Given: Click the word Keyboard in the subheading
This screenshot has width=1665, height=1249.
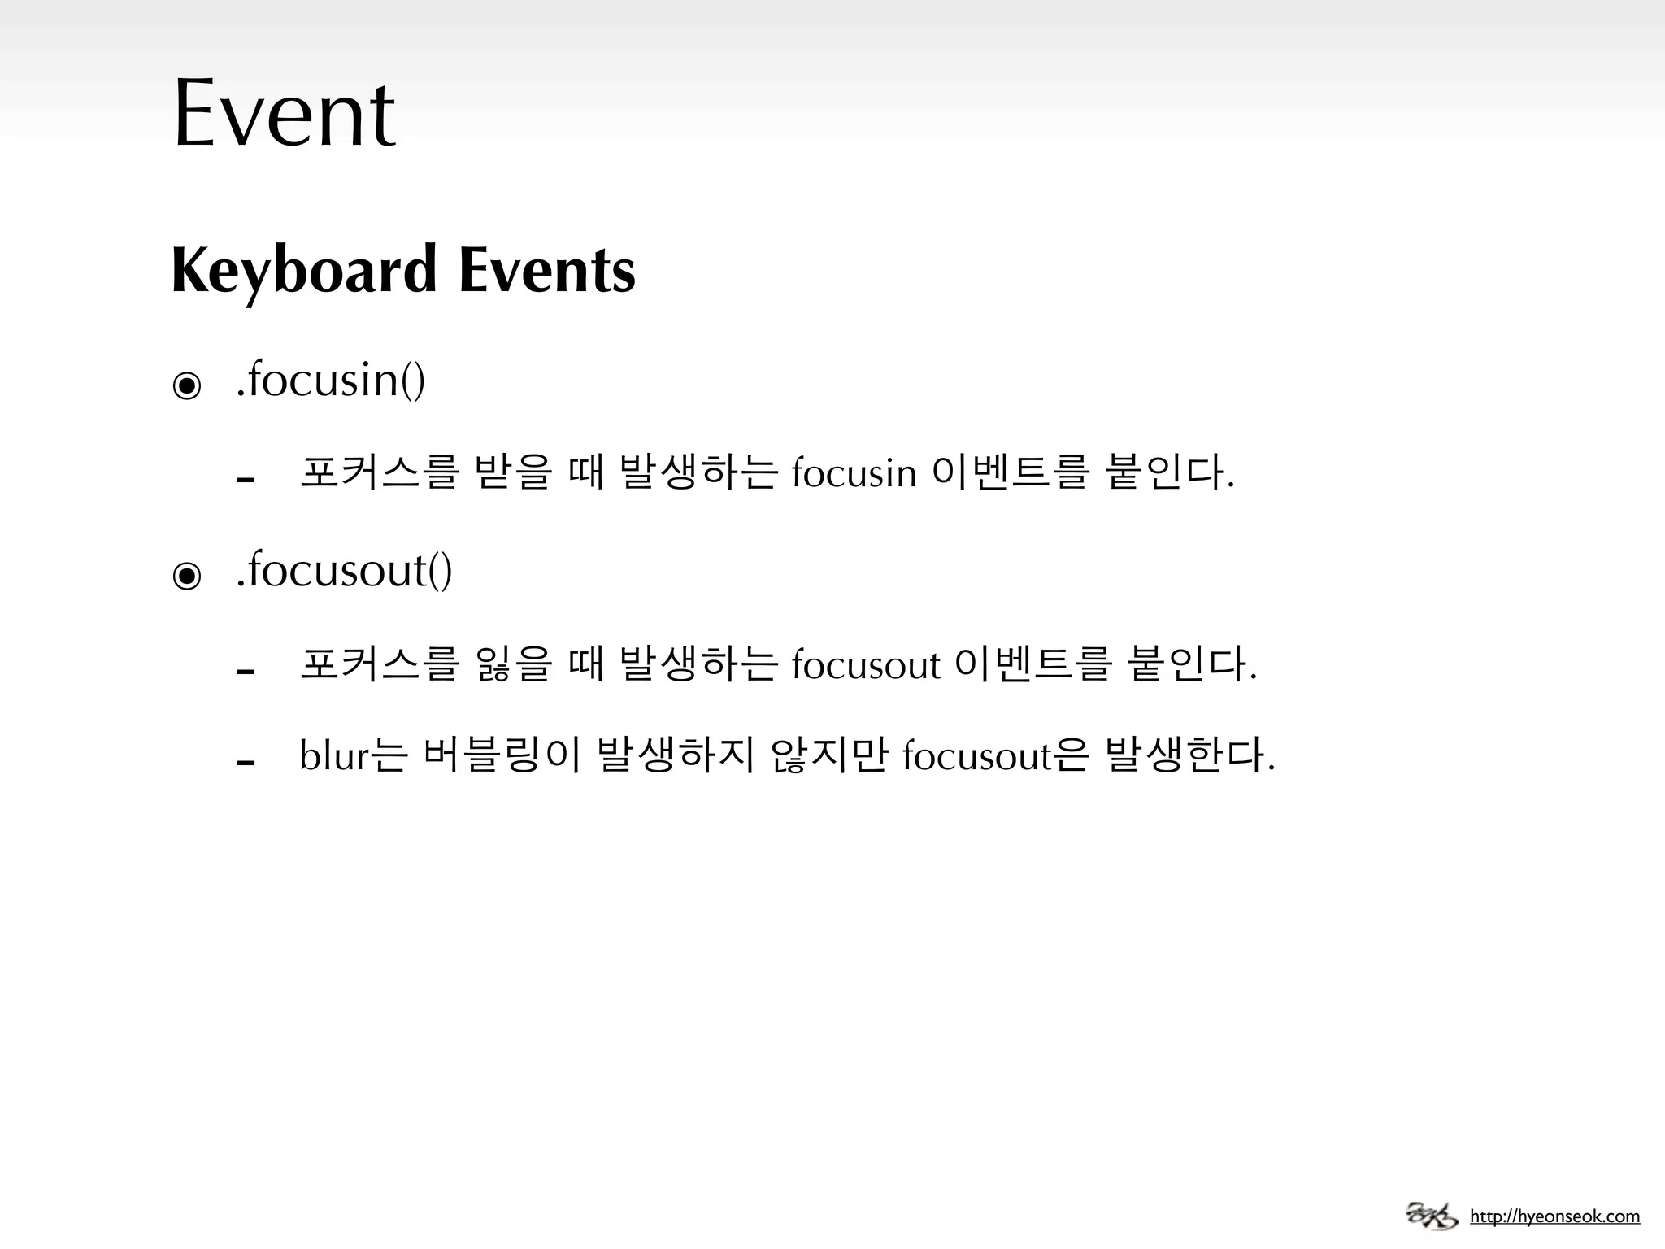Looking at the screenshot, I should [304, 271].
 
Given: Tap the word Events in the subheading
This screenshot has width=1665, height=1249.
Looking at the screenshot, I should [546, 271].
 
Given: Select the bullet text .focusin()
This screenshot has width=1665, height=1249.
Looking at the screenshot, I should [330, 381].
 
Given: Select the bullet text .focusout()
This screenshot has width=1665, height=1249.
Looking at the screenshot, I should [344, 570].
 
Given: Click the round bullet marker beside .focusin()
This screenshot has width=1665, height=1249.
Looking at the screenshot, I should [187, 385].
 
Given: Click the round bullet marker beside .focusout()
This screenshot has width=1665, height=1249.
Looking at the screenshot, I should [187, 577].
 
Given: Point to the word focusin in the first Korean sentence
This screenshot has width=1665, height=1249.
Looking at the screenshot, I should [854, 473].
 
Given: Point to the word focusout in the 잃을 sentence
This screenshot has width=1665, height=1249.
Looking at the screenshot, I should [865, 665].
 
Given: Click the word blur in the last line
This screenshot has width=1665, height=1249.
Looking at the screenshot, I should [334, 756].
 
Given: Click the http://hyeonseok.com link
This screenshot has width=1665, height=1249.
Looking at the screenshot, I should [1554, 1216].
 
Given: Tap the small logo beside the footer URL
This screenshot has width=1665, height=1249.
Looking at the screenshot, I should [1431, 1215].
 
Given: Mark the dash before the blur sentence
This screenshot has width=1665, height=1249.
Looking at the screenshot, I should [246, 763].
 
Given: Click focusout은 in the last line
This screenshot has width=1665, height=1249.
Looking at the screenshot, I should [994, 756].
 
